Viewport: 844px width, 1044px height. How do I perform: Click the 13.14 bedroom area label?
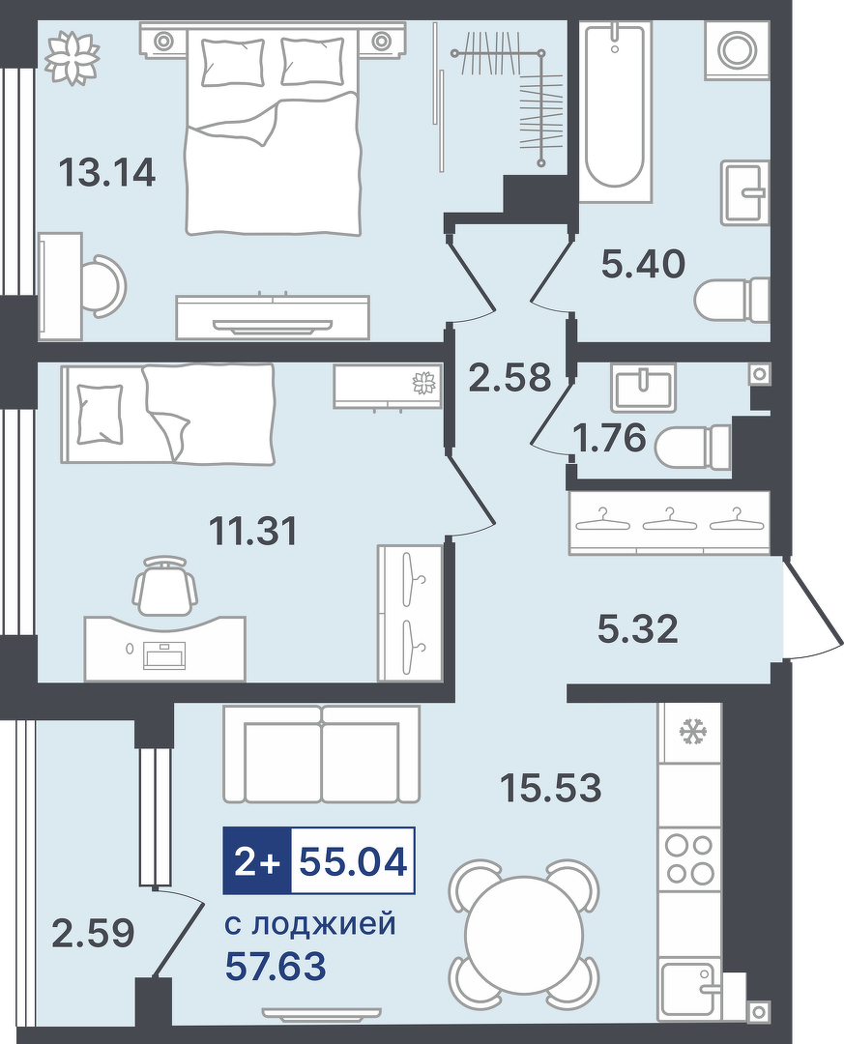click(107, 172)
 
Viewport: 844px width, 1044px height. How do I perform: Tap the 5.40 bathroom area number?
click(643, 264)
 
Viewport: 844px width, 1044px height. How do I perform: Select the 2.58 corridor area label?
click(510, 378)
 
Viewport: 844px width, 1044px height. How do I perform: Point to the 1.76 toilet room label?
click(609, 438)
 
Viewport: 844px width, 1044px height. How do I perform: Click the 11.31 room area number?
click(253, 532)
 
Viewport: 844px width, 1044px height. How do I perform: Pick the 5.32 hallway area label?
click(638, 629)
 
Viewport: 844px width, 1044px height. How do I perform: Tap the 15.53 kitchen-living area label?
click(551, 788)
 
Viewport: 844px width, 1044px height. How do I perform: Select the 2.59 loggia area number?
click(93, 933)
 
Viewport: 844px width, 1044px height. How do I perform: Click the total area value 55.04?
click(353, 861)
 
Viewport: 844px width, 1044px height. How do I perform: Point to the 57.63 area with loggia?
click(276, 967)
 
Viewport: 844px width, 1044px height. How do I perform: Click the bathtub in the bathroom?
click(614, 111)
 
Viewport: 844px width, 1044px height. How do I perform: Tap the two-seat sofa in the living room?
click(322, 754)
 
